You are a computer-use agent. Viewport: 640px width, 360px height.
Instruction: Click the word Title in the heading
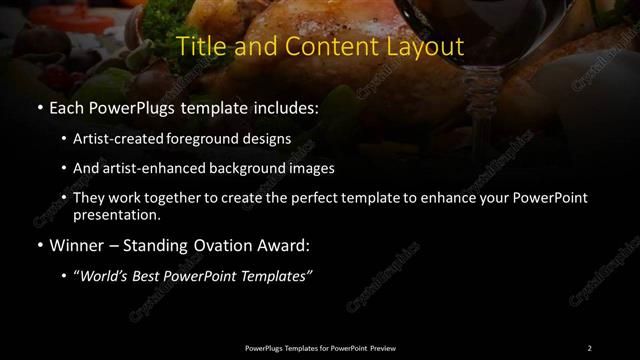coord(199,46)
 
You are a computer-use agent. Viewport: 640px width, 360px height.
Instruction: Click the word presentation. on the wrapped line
coord(116,214)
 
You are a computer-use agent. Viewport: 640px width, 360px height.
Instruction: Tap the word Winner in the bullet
coord(72,244)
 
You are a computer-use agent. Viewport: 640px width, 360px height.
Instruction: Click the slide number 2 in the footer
coord(589,348)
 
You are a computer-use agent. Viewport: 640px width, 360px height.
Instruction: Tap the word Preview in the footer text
coord(383,348)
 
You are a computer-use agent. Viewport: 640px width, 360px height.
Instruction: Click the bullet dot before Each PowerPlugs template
coord(39,108)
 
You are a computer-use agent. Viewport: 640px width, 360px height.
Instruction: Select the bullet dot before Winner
coord(39,244)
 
